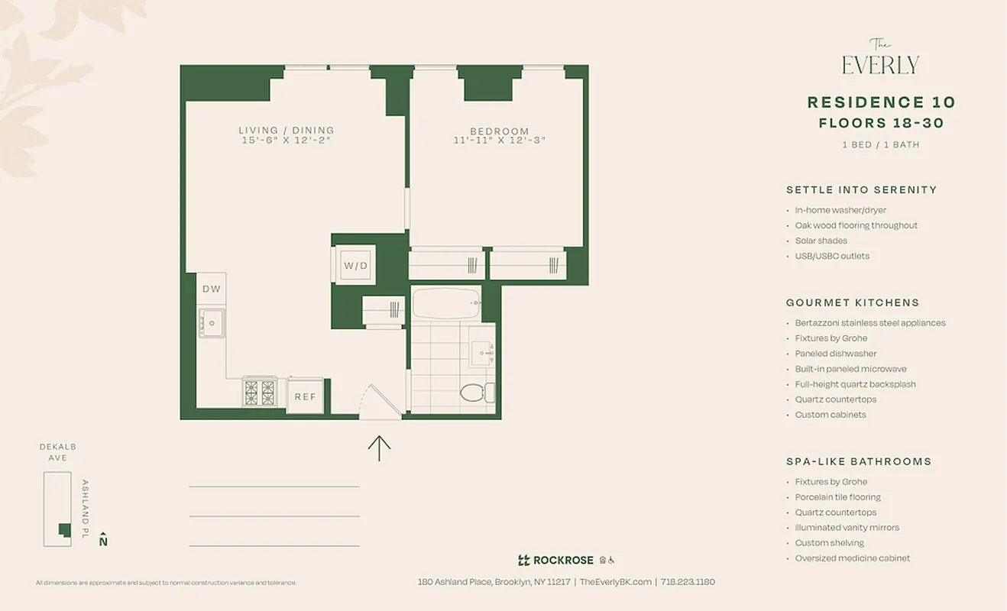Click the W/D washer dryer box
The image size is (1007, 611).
(x=355, y=265)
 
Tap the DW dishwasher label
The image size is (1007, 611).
(x=212, y=289)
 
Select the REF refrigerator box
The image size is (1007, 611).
(x=306, y=396)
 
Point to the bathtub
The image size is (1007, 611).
(x=446, y=303)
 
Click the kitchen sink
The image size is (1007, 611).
(x=211, y=323)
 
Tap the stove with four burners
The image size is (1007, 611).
(x=260, y=393)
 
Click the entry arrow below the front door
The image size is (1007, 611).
(x=379, y=448)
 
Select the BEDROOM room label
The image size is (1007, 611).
(x=499, y=131)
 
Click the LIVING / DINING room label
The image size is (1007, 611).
(x=286, y=131)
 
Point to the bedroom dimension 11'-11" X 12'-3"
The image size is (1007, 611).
(x=499, y=141)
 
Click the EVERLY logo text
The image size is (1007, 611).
(x=880, y=65)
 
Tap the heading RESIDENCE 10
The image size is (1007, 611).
(x=881, y=102)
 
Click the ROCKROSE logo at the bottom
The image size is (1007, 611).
(x=555, y=560)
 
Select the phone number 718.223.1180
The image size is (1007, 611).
(x=688, y=582)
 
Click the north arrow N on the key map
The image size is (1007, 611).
(x=103, y=540)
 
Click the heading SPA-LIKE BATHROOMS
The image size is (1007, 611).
(x=859, y=461)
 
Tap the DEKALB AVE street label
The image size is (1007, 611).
(x=57, y=452)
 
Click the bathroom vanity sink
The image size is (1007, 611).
(x=481, y=353)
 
